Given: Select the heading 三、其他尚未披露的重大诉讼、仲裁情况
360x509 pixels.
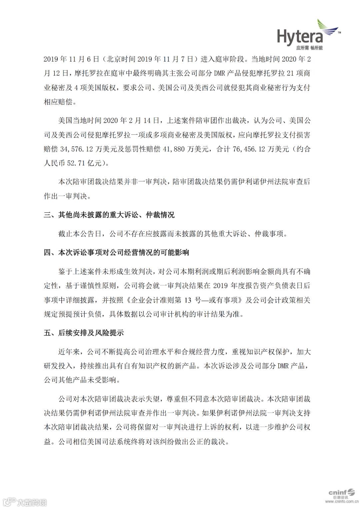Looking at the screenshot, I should (x=109, y=215).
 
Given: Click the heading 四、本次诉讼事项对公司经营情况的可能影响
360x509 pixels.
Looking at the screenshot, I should (x=116, y=252).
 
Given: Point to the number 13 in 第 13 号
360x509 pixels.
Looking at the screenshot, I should (x=189, y=300).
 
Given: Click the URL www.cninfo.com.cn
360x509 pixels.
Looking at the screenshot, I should (x=343, y=500).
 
